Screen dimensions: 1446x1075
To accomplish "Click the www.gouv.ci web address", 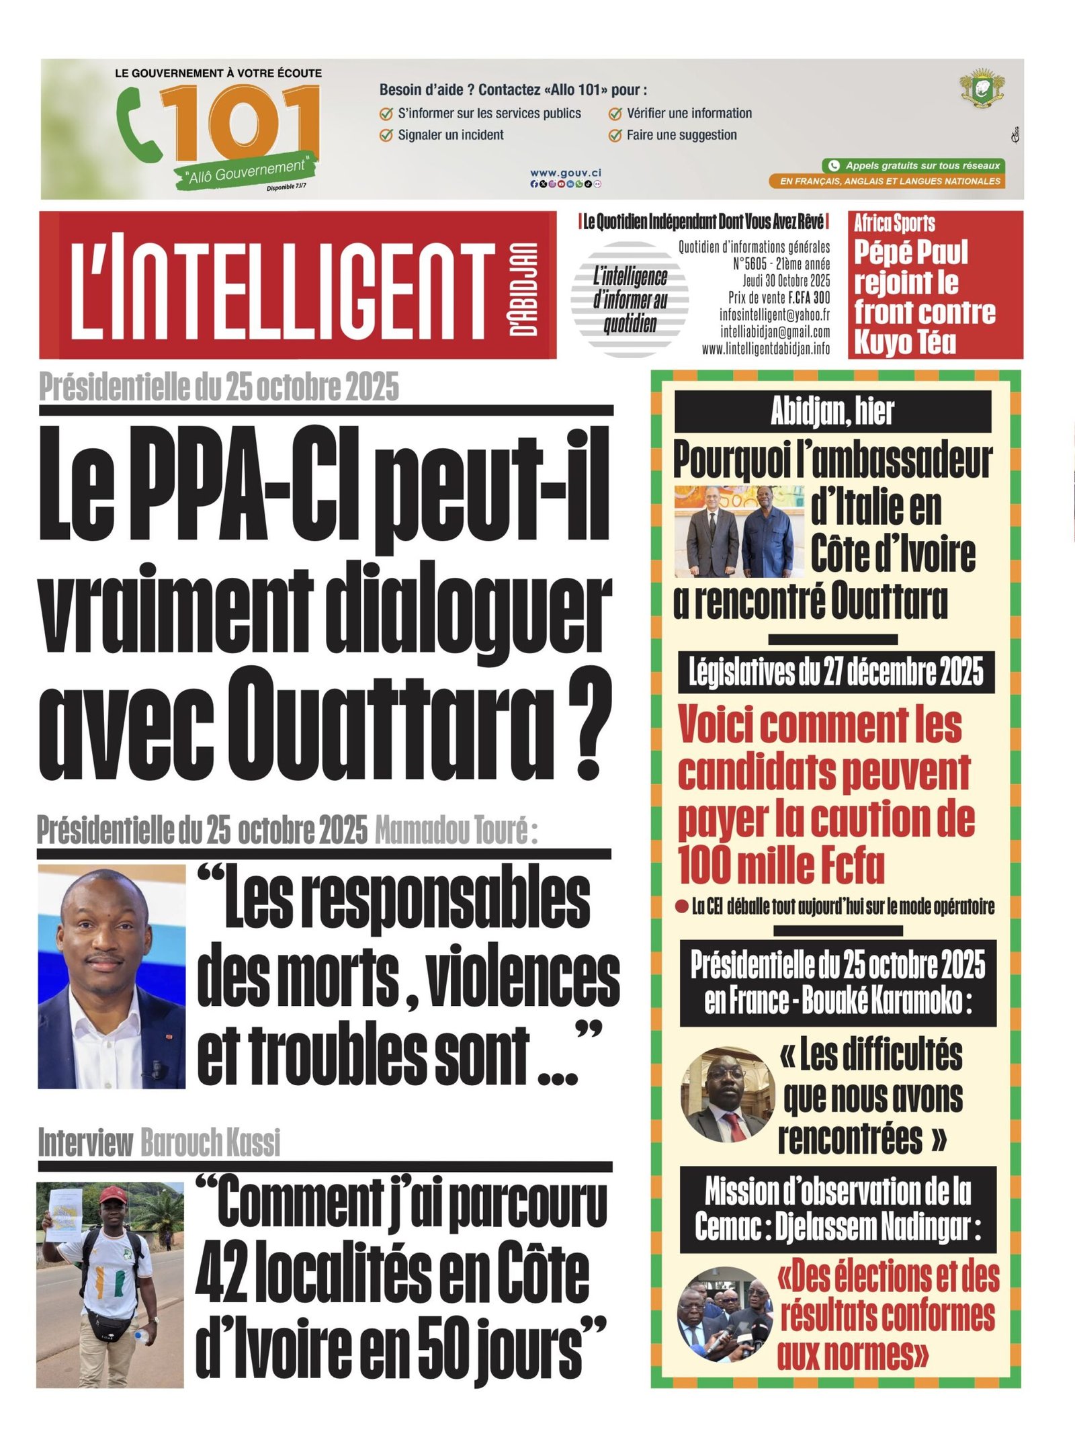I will click(566, 173).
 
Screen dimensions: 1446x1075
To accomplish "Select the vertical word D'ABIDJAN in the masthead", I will click(523, 288).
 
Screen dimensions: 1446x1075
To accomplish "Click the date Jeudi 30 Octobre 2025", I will click(785, 280).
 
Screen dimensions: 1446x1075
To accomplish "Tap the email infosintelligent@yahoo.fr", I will click(774, 314).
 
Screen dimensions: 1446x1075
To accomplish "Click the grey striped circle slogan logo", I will click(630, 298).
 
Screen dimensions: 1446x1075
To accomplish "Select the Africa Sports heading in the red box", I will click(894, 223).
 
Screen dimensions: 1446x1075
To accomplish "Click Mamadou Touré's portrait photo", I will click(112, 976).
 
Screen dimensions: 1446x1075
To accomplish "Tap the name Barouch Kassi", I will click(210, 1143).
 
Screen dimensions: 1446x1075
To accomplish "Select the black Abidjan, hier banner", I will click(832, 411).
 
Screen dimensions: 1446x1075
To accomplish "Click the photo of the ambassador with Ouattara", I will click(739, 531).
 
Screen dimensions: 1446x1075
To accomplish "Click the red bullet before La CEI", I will click(681, 907).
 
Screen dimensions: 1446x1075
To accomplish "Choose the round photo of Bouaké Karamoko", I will click(724, 1095).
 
